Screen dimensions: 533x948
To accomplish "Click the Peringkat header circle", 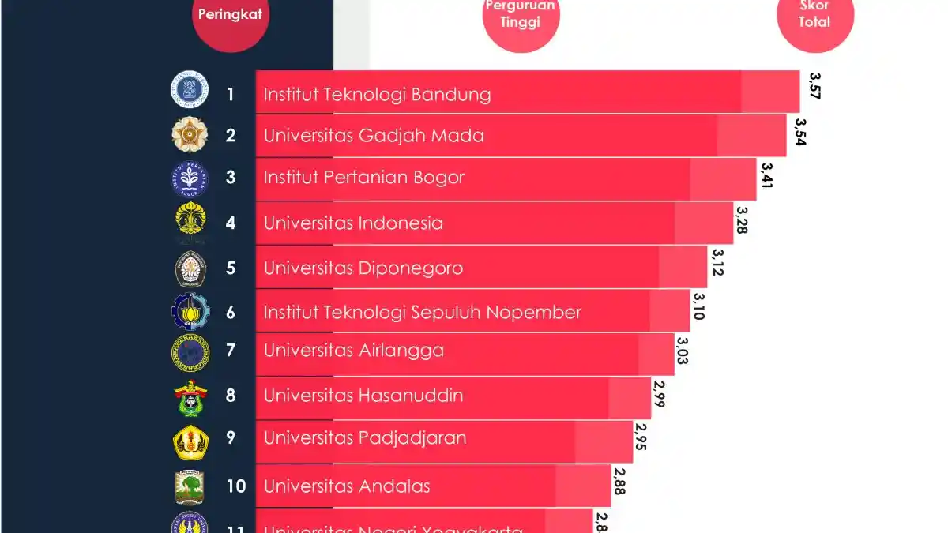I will [x=231, y=17].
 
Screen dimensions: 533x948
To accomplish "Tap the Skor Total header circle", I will [x=814, y=17].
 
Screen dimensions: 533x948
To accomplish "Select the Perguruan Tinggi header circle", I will [x=521, y=17].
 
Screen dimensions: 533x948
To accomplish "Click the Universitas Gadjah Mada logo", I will [x=190, y=135].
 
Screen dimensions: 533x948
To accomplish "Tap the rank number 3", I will [x=231, y=177].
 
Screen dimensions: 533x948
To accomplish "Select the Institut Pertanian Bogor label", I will [x=364, y=177].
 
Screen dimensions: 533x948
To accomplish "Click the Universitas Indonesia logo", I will [x=190, y=222].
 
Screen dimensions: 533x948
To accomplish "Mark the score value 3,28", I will [x=742, y=220].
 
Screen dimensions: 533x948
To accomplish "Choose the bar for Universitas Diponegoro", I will [x=481, y=267].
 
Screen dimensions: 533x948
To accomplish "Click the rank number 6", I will [x=231, y=312].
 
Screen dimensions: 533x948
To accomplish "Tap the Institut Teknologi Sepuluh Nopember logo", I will [x=190, y=312].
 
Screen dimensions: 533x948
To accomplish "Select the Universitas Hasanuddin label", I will [x=363, y=395].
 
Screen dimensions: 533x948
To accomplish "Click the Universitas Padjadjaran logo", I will [x=190, y=441].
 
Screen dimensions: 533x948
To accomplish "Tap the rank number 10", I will [x=235, y=485].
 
